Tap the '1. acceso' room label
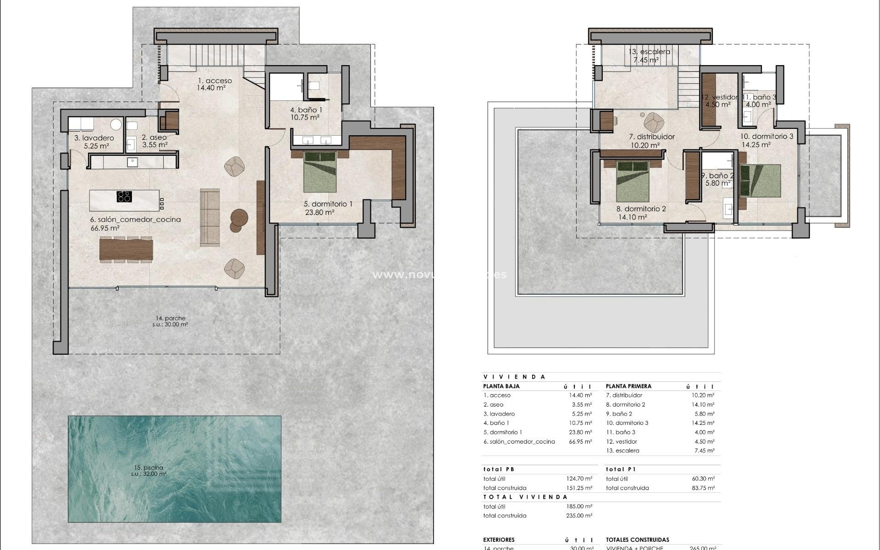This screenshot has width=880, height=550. pyautogui.click(x=214, y=81)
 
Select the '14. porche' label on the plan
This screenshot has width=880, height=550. pyautogui.click(x=170, y=318)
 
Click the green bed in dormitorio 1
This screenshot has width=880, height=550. pyautogui.click(x=320, y=172)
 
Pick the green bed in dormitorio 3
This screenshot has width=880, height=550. pyautogui.click(x=760, y=181)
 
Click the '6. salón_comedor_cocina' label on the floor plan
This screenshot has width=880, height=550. pyautogui.click(x=136, y=220)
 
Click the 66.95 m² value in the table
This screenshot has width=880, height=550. pyautogui.click(x=580, y=442)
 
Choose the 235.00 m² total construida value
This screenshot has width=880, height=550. pyautogui.click(x=579, y=516)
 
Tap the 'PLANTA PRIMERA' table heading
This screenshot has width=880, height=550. pyautogui.click(x=628, y=386)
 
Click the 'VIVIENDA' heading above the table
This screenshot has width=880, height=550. pyautogui.click(x=514, y=377)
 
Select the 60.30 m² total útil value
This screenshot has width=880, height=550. pyautogui.click(x=703, y=478)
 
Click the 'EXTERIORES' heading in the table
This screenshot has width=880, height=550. pyautogui.click(x=499, y=540)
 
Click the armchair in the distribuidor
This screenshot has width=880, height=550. pyautogui.click(x=654, y=122)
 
